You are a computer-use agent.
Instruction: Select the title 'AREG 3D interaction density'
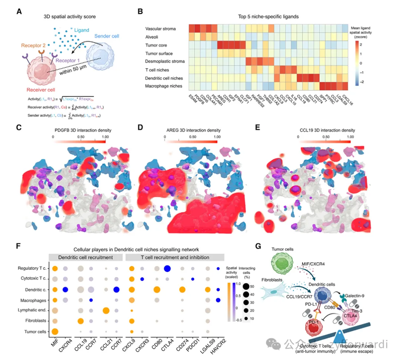(193, 130)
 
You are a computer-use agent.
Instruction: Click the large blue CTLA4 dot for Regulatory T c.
(167, 269)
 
